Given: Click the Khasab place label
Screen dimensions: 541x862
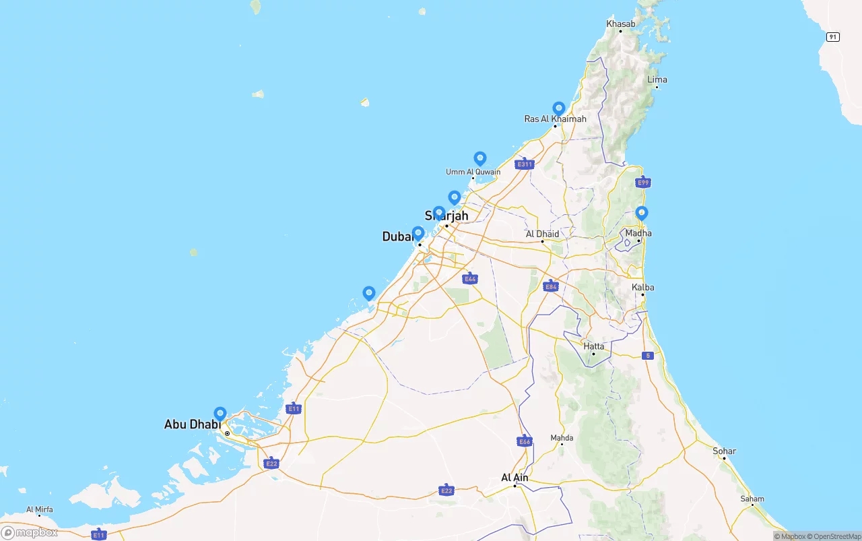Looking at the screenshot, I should point(620,24).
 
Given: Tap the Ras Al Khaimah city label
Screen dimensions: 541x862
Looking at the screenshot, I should point(555,119).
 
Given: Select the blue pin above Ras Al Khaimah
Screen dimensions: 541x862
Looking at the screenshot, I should point(558,108).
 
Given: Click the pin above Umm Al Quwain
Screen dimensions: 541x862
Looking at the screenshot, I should point(479,158).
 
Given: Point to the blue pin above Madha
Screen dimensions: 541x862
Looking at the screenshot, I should point(641,213).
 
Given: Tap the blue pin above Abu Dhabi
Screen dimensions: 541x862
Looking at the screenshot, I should point(220,413).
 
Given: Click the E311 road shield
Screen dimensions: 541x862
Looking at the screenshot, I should point(524,164).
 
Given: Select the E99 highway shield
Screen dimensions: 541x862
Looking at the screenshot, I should point(643,183).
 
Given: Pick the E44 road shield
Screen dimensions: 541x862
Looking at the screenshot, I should point(470,278).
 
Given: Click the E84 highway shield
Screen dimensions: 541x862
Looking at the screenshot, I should point(551,286).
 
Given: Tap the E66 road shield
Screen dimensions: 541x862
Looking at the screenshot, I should point(525,441).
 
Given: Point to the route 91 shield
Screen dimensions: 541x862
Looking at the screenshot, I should point(833,36).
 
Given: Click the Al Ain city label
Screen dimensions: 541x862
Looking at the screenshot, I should point(515,478).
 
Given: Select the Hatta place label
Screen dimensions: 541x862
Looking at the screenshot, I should point(593,346).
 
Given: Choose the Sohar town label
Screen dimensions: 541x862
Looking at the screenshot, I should point(725,451).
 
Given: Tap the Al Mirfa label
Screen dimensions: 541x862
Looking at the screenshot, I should point(40,509).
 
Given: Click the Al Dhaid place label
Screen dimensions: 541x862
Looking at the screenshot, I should point(542,234).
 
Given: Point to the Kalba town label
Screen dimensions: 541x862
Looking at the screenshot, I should point(642,288).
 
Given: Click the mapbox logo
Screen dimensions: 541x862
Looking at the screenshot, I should point(29,532).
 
